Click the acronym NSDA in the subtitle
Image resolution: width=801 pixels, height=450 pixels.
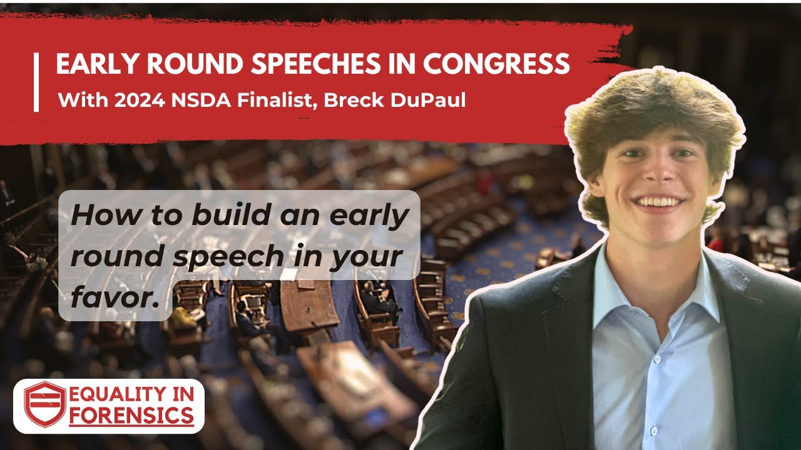tap(190, 100)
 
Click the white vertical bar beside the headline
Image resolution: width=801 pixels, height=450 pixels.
tap(36, 82)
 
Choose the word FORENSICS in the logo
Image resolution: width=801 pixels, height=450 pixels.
tap(131, 415)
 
